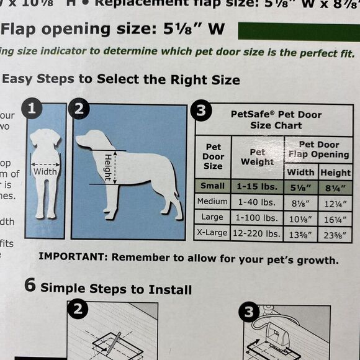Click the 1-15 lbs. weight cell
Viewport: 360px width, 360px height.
point(257,186)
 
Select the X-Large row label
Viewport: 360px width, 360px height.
point(213,234)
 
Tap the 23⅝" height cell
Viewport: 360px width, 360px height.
point(335,235)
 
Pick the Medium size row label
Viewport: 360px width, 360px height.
point(213,202)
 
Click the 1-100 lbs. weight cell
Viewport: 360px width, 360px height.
point(257,218)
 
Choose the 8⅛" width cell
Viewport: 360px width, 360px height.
point(300,202)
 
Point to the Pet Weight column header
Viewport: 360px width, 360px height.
point(257,157)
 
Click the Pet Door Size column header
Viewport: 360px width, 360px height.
point(213,157)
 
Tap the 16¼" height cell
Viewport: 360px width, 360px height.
point(335,218)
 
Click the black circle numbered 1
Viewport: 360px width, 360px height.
point(34,110)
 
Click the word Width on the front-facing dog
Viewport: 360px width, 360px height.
point(45,171)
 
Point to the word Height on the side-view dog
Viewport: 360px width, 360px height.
point(107,168)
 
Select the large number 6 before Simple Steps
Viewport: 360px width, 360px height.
point(29,287)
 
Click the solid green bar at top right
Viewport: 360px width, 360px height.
point(298,32)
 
